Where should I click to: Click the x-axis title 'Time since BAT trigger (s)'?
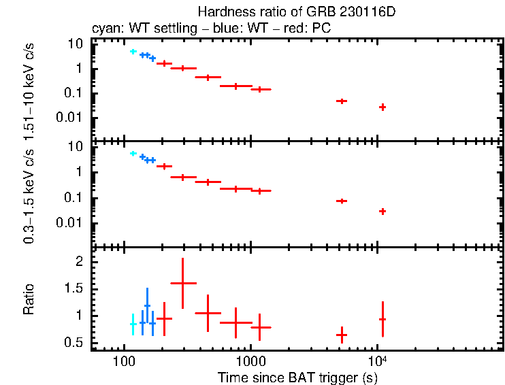[x=298, y=376]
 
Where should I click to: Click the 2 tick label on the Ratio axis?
[x=79, y=262]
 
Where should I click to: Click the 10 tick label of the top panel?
[x=76, y=44]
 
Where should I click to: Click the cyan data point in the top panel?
[x=133, y=52]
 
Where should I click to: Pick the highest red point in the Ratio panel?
[x=182, y=283]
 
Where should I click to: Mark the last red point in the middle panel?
[x=382, y=212]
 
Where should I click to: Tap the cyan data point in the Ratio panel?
[x=133, y=324]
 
